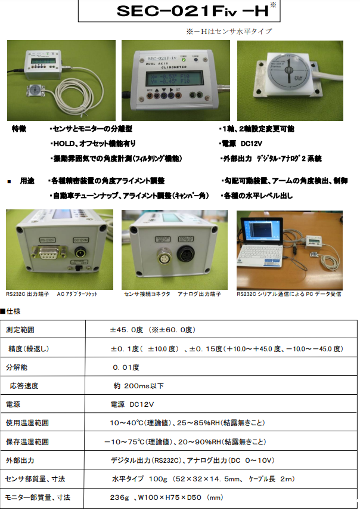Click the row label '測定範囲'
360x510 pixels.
pos(21,330)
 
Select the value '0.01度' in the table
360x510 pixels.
pos(126,367)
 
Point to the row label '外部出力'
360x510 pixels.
pos(20,460)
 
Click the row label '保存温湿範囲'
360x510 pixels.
pos(27,442)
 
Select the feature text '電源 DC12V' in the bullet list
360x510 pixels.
pos(242,144)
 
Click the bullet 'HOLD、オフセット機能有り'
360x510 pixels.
pos(95,144)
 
